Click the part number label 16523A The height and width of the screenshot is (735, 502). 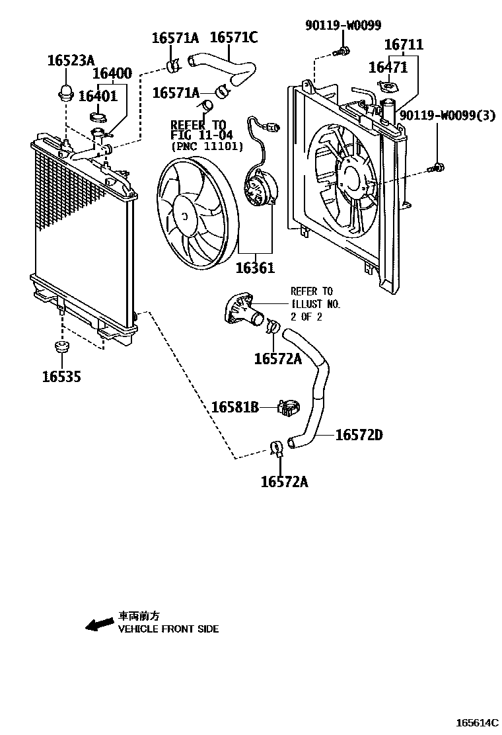(70, 61)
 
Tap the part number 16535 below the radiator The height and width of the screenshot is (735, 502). (61, 377)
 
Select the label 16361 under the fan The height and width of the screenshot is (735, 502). (255, 269)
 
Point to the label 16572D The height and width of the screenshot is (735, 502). (359, 435)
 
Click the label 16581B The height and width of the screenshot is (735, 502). (234, 407)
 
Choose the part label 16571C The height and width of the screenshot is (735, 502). (234, 38)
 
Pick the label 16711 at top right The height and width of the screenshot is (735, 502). (404, 45)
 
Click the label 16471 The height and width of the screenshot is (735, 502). (388, 67)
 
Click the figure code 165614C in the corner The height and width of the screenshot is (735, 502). (475, 722)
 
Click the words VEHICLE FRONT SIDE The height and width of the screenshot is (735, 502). (168, 629)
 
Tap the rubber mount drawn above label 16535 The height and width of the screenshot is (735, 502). (62, 348)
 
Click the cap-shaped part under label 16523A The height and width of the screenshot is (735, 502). (65, 93)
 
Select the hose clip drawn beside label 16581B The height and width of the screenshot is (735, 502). (289, 408)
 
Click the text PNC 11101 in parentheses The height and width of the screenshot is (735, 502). (207, 146)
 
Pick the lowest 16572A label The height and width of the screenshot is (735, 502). (284, 482)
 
